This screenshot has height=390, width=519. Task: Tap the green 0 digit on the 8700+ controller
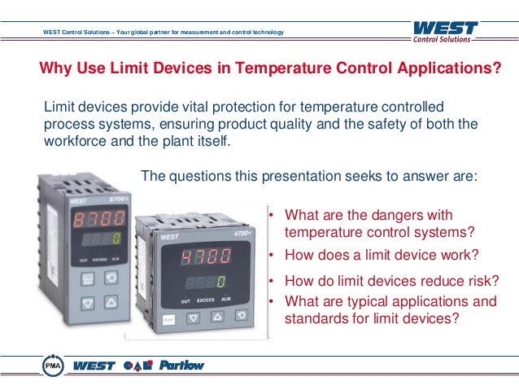click(x=116, y=240)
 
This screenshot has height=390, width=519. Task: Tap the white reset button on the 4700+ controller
click(x=167, y=320)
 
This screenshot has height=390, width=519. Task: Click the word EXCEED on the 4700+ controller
click(x=205, y=301)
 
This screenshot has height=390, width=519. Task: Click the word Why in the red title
click(x=55, y=68)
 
